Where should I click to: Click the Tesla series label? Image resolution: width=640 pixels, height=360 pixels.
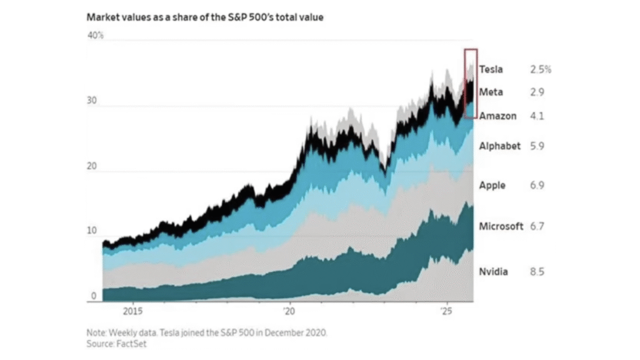(x=491, y=69)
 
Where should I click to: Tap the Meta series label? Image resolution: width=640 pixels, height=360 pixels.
(x=491, y=92)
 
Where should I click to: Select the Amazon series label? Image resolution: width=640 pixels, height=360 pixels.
(x=497, y=116)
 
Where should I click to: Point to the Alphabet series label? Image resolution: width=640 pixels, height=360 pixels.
(x=499, y=146)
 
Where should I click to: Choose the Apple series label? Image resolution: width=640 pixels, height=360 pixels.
(x=492, y=186)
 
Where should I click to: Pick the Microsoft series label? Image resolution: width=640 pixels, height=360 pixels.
(x=501, y=226)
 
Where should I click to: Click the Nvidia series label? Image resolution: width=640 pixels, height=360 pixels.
(x=493, y=272)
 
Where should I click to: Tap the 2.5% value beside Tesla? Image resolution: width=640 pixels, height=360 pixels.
(x=541, y=69)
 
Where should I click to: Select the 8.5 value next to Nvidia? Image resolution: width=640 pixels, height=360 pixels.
(x=537, y=272)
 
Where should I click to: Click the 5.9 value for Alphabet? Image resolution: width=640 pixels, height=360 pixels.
(x=537, y=146)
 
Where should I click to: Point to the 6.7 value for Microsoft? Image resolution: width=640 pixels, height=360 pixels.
(x=537, y=226)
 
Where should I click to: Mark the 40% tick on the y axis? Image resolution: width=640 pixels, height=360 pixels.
(x=95, y=36)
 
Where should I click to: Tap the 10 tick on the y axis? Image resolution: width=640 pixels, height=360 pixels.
(x=93, y=231)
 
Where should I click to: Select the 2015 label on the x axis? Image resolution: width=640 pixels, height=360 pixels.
(x=133, y=311)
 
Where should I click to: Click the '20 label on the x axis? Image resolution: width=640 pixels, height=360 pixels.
(x=289, y=311)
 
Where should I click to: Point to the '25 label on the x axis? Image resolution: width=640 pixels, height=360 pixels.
(x=446, y=311)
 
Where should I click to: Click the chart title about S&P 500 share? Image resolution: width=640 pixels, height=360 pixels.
(x=204, y=17)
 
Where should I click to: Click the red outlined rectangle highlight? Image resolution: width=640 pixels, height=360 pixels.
(x=471, y=83)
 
